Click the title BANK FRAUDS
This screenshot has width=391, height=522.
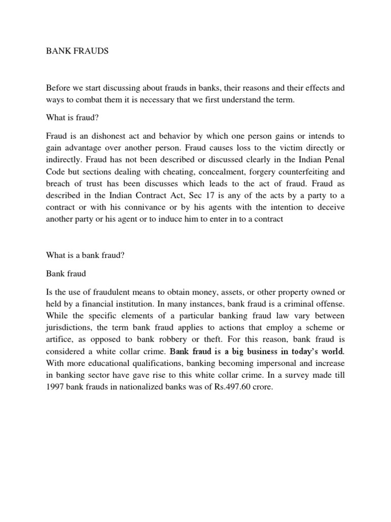point(77,52)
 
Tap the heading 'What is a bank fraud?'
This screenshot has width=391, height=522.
point(85,256)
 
